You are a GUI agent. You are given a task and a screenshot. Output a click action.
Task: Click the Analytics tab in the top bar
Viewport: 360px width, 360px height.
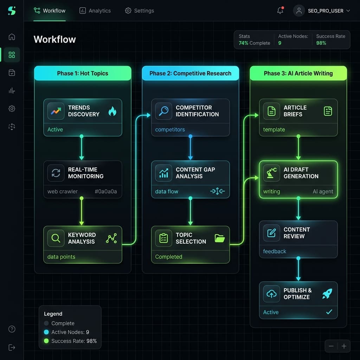95,11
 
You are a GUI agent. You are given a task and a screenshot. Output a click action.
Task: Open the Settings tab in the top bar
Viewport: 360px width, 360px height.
140,11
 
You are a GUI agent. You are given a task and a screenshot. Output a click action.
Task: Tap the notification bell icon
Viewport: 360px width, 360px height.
280,11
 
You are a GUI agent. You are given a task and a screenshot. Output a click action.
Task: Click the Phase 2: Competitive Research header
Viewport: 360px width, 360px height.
190,73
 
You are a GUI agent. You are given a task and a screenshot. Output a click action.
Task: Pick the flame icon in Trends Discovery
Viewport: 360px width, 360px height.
112,111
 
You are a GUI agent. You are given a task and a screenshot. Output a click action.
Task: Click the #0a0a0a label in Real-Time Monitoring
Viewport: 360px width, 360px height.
106,192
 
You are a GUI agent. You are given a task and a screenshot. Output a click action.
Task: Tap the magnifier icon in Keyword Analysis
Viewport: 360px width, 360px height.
56,238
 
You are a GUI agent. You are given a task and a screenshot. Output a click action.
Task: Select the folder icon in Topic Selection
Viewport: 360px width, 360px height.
220,238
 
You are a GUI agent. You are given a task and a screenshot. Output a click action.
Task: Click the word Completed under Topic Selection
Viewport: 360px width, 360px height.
169,257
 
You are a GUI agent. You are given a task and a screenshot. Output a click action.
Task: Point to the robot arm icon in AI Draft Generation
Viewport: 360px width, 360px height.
271,173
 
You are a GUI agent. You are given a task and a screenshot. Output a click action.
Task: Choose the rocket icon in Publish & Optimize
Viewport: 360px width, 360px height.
327,294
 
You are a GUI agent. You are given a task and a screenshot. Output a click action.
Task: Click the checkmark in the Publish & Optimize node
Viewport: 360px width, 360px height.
329,312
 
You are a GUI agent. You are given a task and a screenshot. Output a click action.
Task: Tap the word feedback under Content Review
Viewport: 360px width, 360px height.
275,251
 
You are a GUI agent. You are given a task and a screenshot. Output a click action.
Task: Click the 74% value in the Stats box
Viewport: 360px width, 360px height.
243,43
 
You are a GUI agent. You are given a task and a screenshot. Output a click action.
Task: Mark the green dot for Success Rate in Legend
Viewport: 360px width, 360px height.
46,341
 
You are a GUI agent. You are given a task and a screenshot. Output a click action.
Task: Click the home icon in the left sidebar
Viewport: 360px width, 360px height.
12,37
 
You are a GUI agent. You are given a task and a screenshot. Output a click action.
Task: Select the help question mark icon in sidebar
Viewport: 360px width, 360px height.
12,329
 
